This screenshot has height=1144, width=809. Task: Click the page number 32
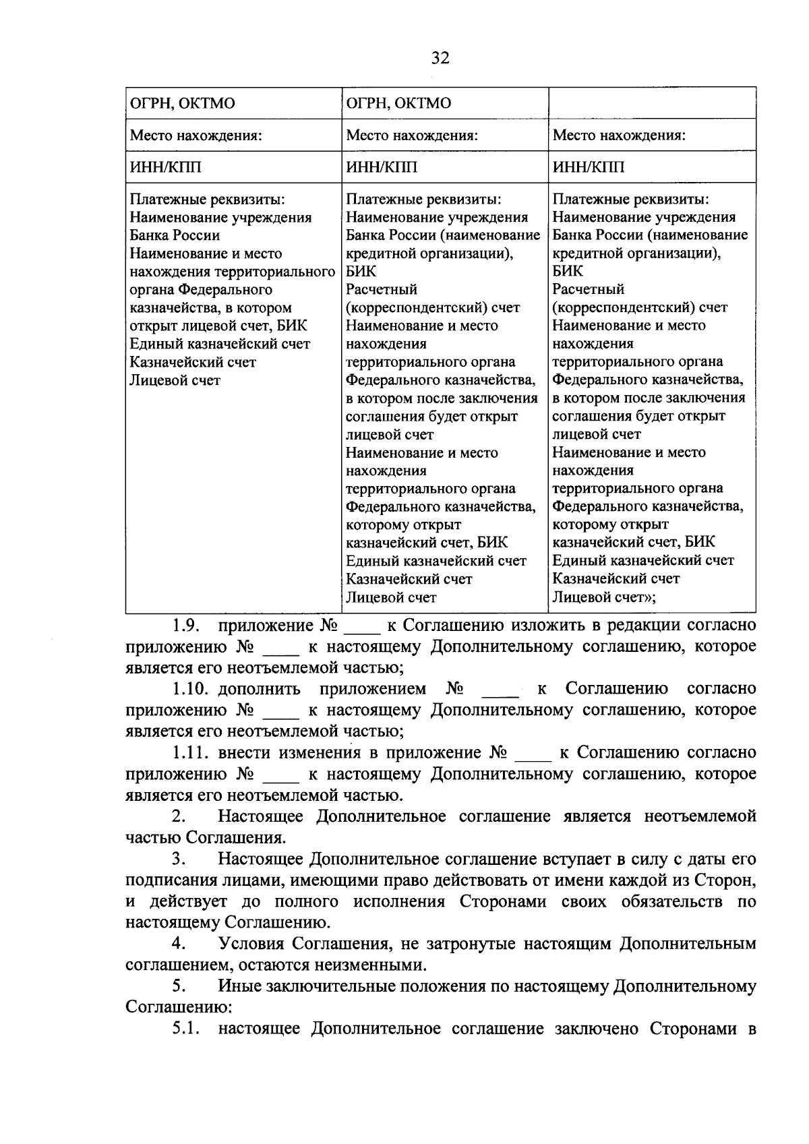(x=440, y=58)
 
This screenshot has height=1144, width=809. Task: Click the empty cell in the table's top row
(x=651, y=103)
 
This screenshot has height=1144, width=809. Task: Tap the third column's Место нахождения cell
(x=619, y=135)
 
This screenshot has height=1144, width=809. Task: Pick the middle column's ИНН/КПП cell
(x=381, y=167)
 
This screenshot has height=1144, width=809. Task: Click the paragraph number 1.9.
(x=184, y=625)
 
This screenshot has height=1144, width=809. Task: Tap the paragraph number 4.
(x=178, y=944)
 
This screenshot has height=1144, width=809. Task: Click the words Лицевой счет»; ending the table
(x=604, y=597)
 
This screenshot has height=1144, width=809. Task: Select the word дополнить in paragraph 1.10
(x=259, y=688)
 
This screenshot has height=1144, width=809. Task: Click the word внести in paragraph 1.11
(x=247, y=752)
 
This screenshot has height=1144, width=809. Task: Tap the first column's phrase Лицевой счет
(x=175, y=380)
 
